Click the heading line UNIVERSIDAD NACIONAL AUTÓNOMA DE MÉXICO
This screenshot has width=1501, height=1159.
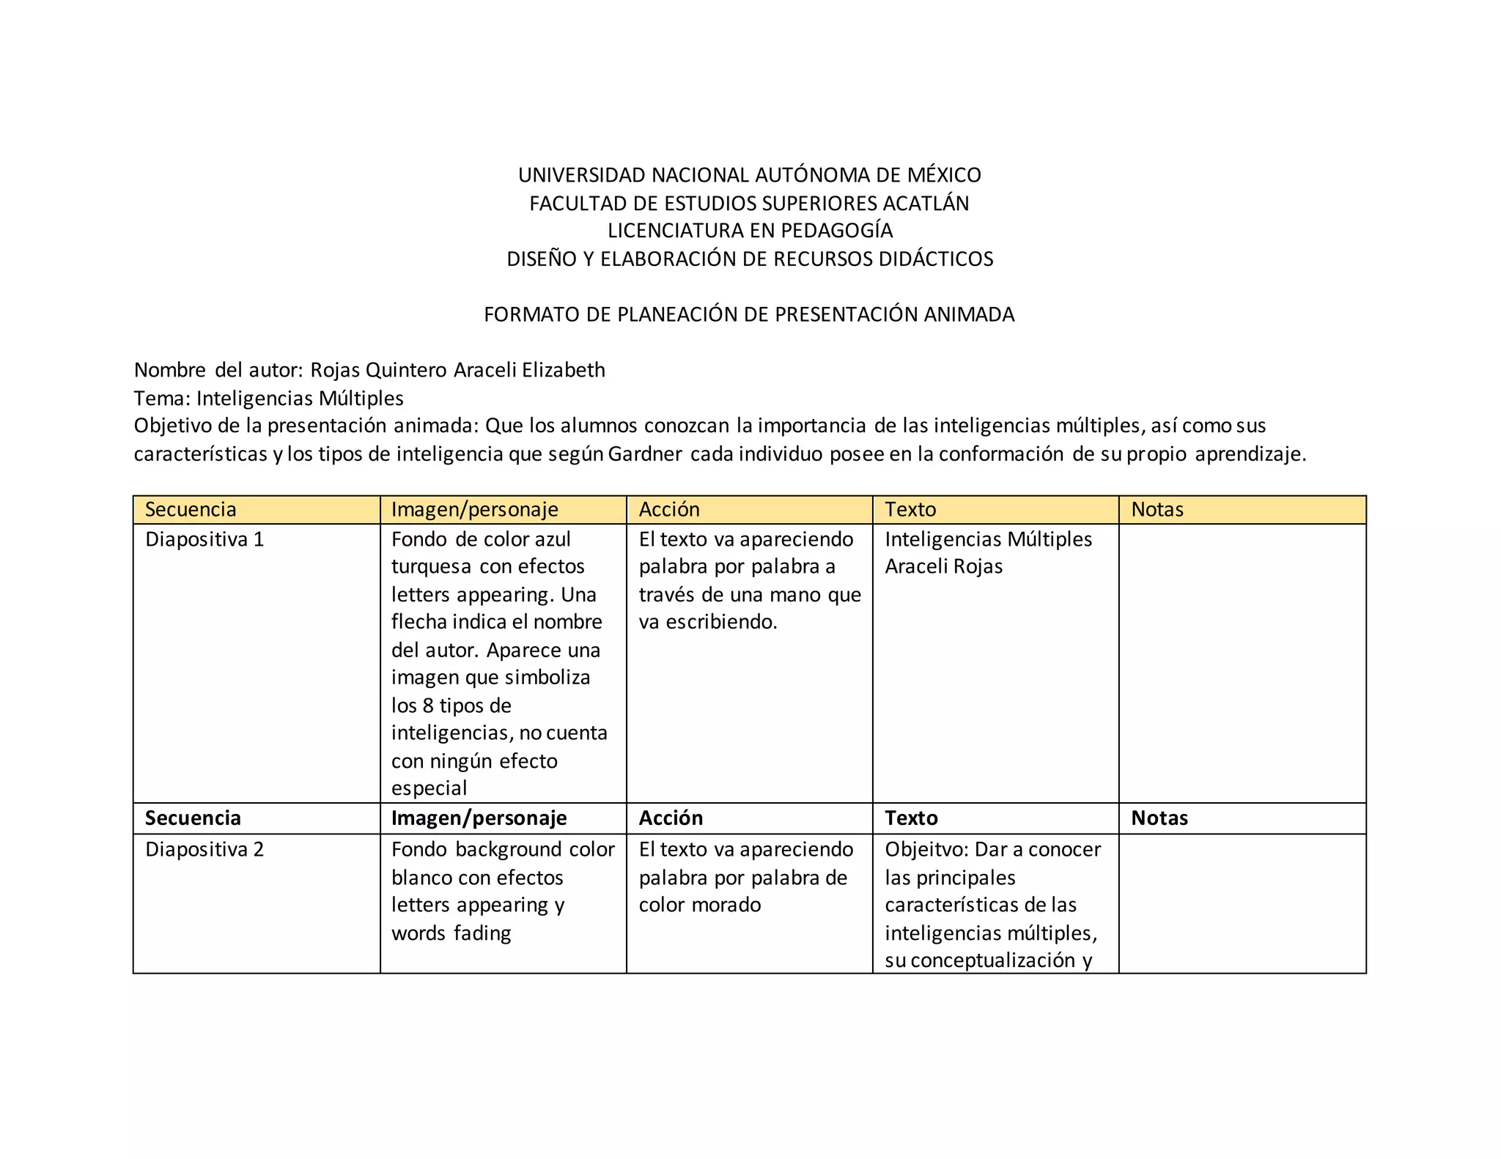point(749,175)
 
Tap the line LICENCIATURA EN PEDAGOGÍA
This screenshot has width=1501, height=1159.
point(750,231)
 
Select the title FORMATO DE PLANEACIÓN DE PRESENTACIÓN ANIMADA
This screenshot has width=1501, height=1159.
point(749,314)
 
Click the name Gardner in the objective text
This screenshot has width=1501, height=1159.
point(645,454)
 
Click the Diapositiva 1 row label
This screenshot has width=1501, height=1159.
point(204,539)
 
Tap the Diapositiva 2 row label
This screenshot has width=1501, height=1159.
point(204,850)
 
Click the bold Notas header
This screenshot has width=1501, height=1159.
point(1159,818)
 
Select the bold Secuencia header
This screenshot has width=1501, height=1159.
point(193,818)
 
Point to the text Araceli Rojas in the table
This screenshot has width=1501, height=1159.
point(943,566)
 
